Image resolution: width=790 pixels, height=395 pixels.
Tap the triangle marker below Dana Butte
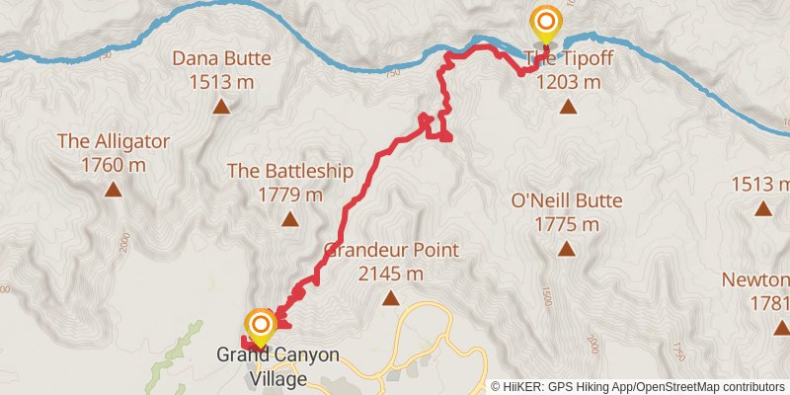[220, 107]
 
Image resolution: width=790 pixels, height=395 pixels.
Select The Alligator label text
[114, 140]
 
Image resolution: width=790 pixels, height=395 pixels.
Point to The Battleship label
[290, 171]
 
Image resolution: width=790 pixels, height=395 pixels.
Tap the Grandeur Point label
[392, 250]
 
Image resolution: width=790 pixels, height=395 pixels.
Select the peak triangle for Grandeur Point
[392, 298]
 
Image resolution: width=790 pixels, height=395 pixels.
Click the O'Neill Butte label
[567, 201]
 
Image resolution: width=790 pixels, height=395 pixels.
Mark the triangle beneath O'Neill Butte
[567, 250]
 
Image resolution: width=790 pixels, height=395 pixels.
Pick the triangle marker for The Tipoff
[568, 107]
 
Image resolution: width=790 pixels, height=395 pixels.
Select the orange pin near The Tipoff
[546, 21]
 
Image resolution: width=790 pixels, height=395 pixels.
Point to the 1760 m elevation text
[114, 164]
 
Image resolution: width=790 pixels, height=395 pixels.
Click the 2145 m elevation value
[392, 274]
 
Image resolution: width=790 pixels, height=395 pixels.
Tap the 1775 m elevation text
[567, 225]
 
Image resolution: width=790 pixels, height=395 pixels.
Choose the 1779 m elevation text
[290, 195]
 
